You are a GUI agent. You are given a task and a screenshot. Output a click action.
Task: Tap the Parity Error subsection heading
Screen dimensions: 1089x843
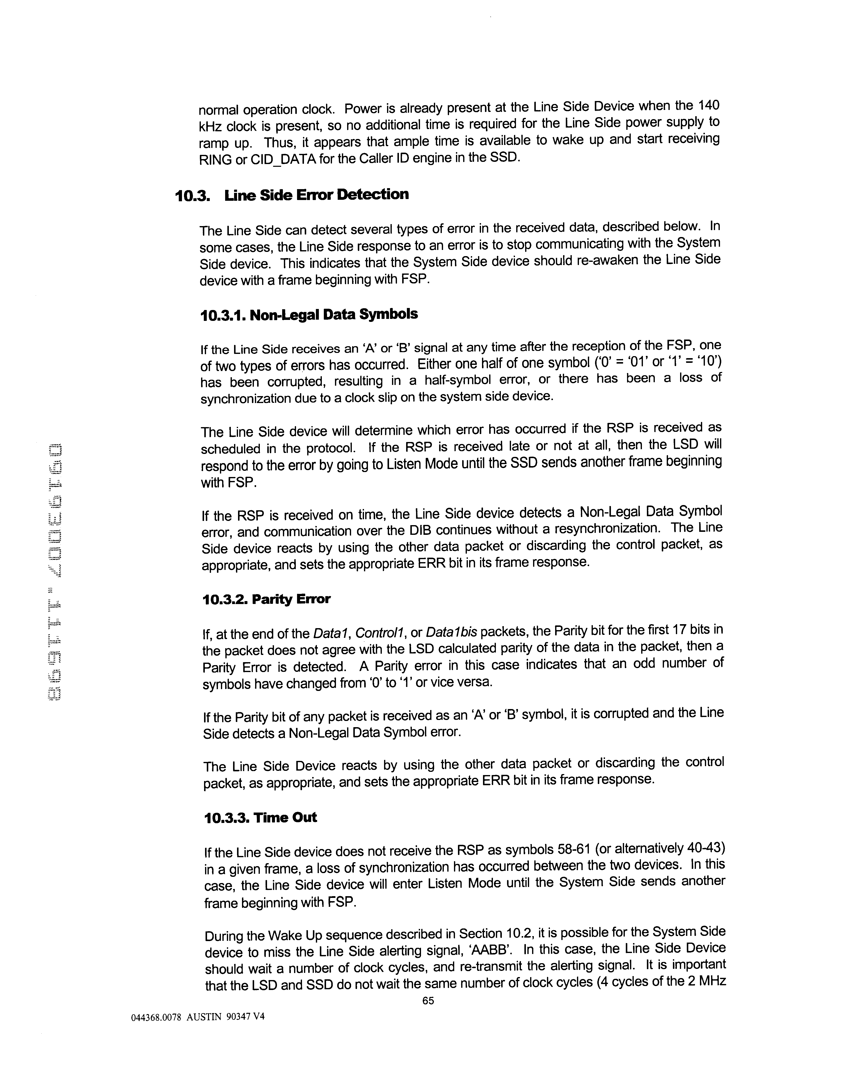(291, 599)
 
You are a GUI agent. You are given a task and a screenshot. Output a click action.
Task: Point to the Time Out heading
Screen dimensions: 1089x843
(285, 818)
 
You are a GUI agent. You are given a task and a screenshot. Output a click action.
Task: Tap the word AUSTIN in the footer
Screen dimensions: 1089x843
(203, 1018)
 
